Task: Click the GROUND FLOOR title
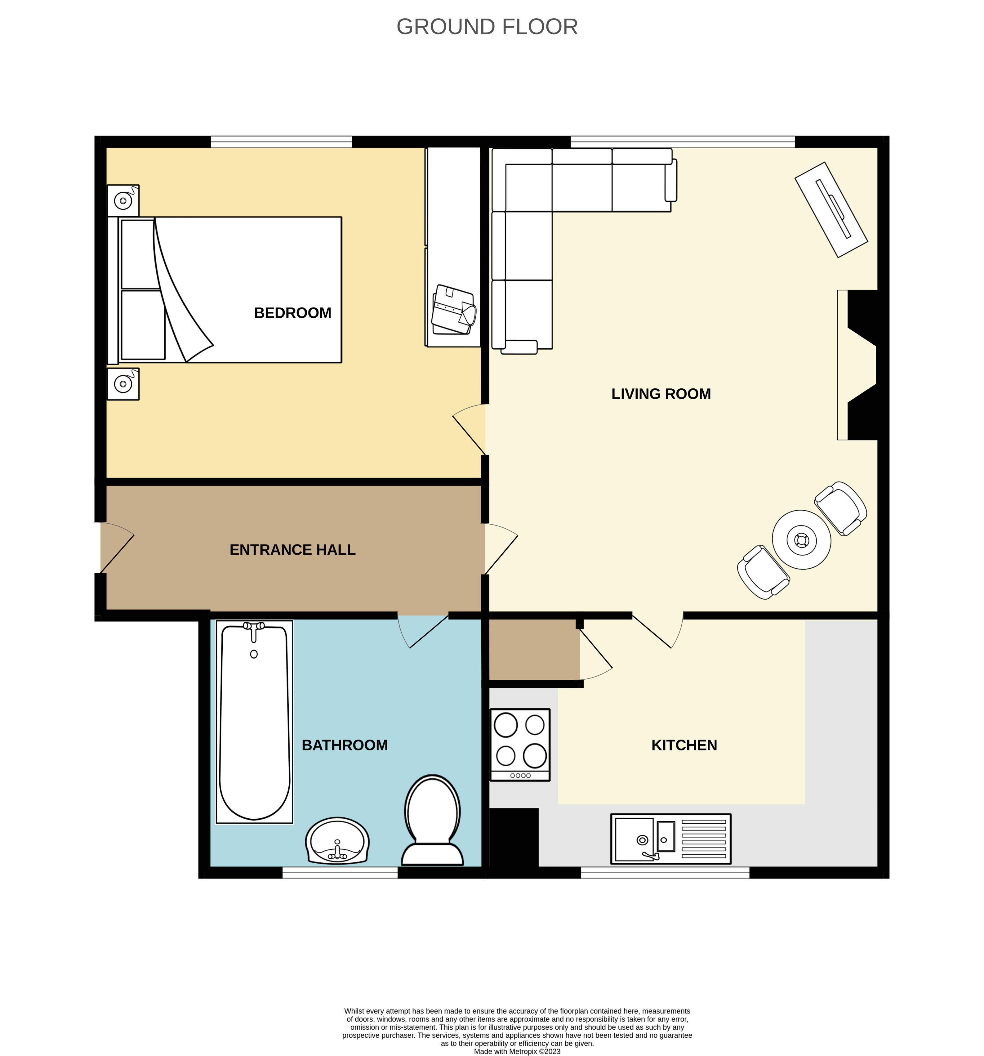tap(487, 27)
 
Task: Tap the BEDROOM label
tap(293, 313)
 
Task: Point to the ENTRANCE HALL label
tap(293, 550)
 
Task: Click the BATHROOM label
tap(345, 745)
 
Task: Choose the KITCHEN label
tap(684, 745)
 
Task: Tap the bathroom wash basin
tap(337, 841)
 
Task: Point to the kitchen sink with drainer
tap(671, 839)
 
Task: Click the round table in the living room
tap(801, 540)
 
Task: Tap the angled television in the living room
tap(831, 210)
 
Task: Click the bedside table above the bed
tap(123, 201)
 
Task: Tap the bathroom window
tap(340, 872)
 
